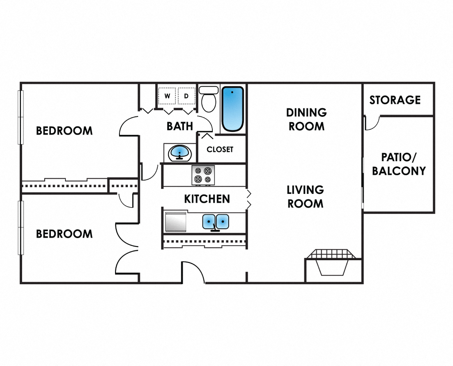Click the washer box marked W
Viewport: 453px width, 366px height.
click(167, 96)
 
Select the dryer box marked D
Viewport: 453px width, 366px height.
click(187, 96)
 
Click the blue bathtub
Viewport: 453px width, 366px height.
click(232, 109)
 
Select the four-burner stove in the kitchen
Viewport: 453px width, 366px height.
click(203, 175)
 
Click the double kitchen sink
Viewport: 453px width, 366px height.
click(215, 221)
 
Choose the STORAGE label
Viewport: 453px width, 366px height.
click(395, 100)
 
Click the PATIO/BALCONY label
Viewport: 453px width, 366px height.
click(399, 164)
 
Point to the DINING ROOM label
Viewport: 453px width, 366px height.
click(306, 119)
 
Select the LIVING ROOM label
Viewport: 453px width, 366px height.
click(305, 196)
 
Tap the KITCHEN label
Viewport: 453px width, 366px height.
click(207, 199)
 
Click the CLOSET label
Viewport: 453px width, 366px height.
click(220, 150)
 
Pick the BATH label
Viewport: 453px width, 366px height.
click(180, 126)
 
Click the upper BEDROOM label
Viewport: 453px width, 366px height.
click(64, 131)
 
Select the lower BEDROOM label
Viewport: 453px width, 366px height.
click(64, 234)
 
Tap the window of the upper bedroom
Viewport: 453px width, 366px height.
click(20, 117)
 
